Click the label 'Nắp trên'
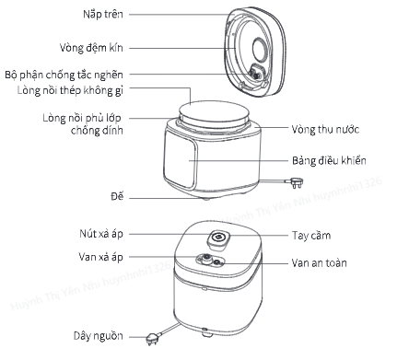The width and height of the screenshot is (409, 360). (x=103, y=14)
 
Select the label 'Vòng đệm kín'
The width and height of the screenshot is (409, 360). (x=91, y=48)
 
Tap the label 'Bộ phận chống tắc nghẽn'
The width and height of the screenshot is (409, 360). (x=64, y=75)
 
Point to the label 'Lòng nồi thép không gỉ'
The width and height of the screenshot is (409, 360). (x=70, y=90)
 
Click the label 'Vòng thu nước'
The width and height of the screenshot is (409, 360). (x=325, y=129)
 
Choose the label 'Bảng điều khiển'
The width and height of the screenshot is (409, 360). (x=329, y=160)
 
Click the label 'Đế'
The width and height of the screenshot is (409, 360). (x=117, y=196)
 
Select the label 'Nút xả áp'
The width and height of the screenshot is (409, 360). (x=101, y=234)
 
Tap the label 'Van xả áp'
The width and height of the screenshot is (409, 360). (x=100, y=257)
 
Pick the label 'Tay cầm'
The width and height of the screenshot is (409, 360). (x=311, y=236)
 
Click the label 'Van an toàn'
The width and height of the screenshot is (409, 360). (x=320, y=263)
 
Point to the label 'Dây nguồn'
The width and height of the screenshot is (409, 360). (x=99, y=336)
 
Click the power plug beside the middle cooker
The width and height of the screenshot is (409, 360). (x=295, y=182)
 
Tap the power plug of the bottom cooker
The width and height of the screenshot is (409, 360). (x=154, y=339)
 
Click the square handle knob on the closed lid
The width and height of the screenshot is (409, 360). (x=218, y=239)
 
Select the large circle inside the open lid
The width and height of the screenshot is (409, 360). (x=262, y=49)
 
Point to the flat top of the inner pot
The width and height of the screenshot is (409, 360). (x=214, y=111)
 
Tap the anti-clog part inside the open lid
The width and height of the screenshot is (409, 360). (x=256, y=73)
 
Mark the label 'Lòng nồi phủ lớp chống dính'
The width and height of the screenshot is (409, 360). (x=83, y=124)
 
